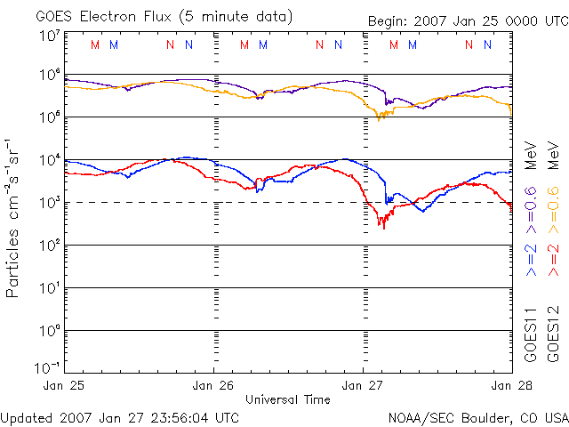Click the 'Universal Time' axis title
pos(288,399)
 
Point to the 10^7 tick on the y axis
pos(49,36)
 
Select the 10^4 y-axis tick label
pos(49,160)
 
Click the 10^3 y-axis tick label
pos(49,203)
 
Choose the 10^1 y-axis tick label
pos(49,288)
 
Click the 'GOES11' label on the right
pos(531,334)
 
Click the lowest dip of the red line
pos(383,228)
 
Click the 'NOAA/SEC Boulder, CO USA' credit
pos(478,416)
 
